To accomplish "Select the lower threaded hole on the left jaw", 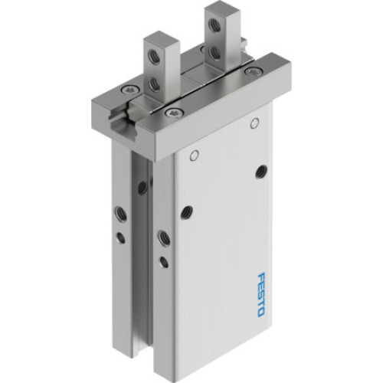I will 155,82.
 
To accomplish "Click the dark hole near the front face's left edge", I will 185,212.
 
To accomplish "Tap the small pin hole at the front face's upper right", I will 252,123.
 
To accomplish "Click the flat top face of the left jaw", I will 158,37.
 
